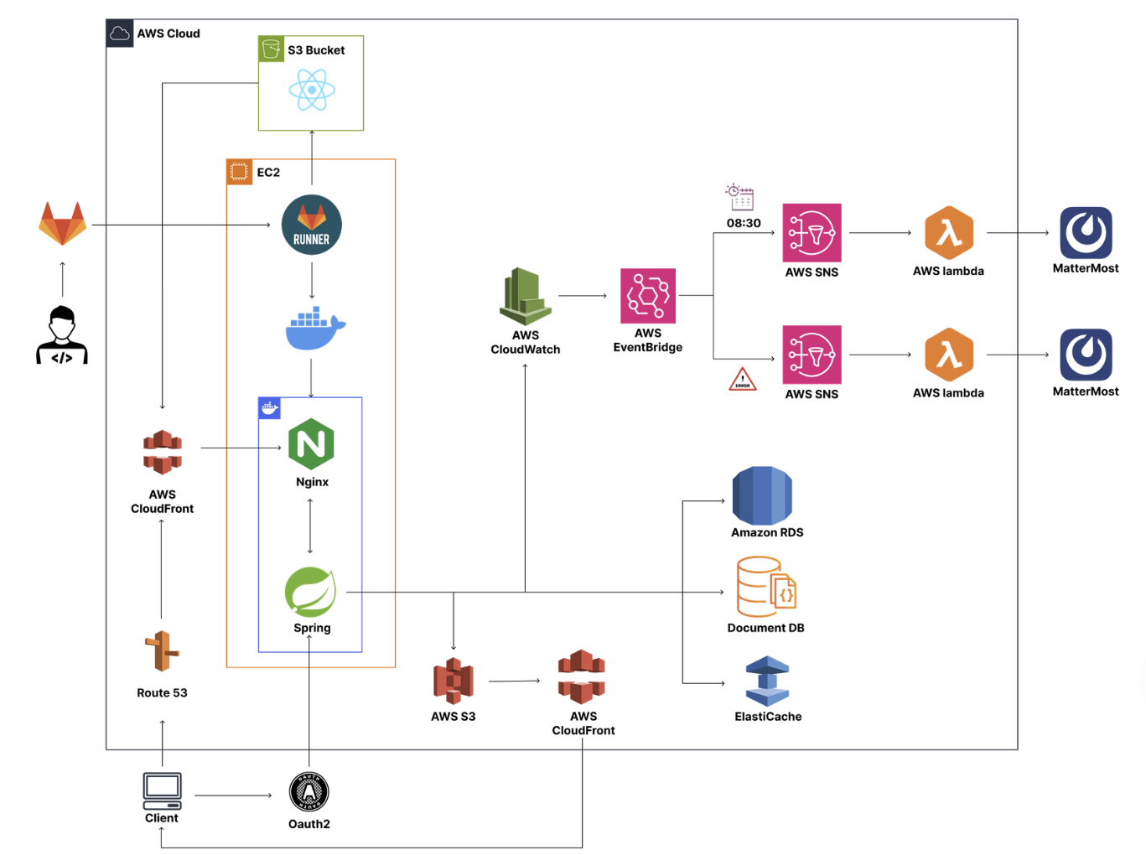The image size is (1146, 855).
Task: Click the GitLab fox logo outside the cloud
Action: tap(63, 224)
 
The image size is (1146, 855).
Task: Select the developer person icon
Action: tap(62, 335)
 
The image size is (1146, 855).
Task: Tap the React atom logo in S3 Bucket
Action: tap(312, 90)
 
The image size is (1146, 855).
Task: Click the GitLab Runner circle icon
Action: tap(312, 225)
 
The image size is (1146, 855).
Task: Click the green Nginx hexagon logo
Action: tap(311, 444)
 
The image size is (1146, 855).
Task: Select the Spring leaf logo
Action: tap(311, 592)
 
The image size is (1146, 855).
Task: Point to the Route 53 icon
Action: tap(162, 651)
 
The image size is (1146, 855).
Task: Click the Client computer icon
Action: tap(162, 790)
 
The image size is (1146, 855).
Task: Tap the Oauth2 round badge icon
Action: tap(309, 792)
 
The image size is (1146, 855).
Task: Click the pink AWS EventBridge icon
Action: tap(648, 296)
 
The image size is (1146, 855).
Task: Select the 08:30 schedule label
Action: tap(744, 223)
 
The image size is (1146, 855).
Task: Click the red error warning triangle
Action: tap(743, 380)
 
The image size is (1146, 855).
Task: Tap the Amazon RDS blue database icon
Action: tap(762, 495)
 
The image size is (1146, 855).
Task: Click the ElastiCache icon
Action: tap(767, 681)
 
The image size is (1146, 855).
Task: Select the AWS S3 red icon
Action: tap(454, 681)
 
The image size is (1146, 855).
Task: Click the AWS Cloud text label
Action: tap(169, 34)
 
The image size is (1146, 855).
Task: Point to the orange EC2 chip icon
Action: tap(239, 172)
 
